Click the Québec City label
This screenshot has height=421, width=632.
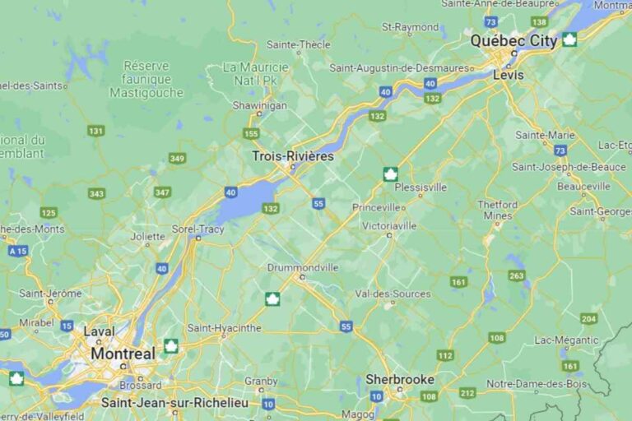pos(513,40)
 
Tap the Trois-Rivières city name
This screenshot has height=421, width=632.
pos(292,156)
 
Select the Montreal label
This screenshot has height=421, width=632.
pos(123,354)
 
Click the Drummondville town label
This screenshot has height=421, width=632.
pos(303,267)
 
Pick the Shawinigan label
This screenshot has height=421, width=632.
pos(259,105)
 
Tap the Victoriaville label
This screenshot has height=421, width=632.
pos(389,225)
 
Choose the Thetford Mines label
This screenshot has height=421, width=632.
pos(498,210)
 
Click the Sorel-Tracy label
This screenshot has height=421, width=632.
pos(197,229)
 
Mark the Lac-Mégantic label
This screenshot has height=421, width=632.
pos(566,340)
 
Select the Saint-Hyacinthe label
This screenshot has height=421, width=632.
pos(225,328)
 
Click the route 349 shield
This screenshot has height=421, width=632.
pos(177,158)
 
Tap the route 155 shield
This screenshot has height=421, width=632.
pos(251,133)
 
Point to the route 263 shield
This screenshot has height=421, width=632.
pos(516,275)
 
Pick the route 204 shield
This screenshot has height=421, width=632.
pos(588,318)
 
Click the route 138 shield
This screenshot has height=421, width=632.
pos(540,21)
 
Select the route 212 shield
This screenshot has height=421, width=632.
pos(467,392)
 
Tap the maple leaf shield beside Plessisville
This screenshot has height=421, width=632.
pos(391,173)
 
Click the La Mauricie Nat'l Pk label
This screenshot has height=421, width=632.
pos(256,72)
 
